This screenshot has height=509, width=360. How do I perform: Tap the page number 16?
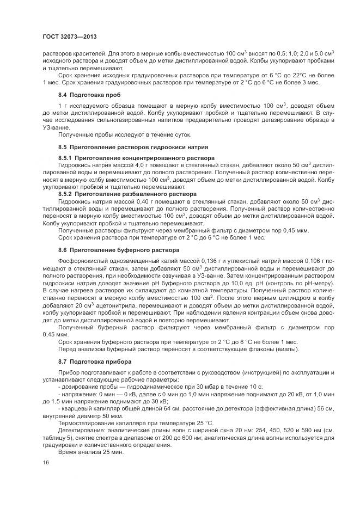(45, 463)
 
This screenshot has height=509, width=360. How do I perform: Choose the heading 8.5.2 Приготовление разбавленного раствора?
(127, 194)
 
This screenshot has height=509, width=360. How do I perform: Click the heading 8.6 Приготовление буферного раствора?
(118, 250)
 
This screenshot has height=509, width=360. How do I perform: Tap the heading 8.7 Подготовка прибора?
(94, 361)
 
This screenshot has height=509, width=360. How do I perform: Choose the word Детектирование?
(80, 430)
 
